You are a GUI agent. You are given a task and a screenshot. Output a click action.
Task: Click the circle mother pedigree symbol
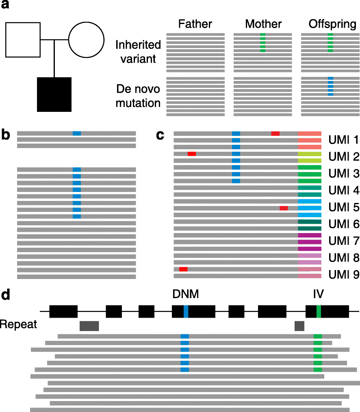(x=87, y=40)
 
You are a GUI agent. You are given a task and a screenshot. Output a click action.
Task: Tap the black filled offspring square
(x=54, y=94)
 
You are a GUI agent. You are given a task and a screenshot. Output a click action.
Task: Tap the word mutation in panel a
(x=138, y=103)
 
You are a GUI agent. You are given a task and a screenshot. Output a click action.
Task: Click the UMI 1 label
(x=343, y=141)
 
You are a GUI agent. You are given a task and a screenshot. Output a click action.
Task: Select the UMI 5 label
(x=343, y=208)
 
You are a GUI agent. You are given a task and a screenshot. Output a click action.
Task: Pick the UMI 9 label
(x=343, y=275)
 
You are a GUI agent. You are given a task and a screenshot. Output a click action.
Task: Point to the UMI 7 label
(x=343, y=242)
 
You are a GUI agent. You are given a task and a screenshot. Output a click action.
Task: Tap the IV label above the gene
(x=318, y=293)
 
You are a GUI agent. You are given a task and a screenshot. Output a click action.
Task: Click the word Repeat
(x=18, y=325)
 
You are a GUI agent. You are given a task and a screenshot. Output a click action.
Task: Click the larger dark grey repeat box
(x=89, y=325)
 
